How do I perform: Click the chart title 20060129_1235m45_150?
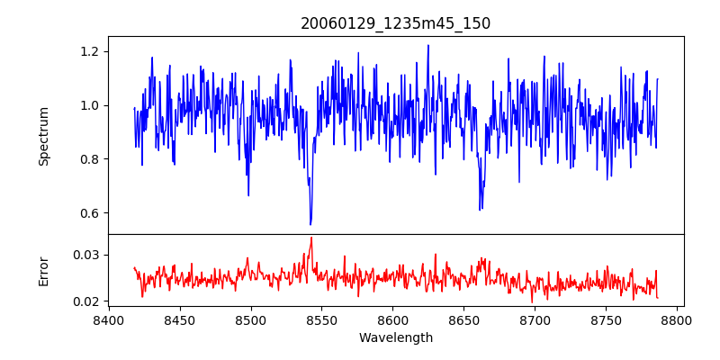tap(395, 23)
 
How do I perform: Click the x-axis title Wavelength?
tap(395, 338)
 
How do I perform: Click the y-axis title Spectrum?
tap(44, 136)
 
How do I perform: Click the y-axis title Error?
tap(44, 271)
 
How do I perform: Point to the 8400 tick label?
tap(109, 319)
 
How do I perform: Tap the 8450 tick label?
tap(180, 319)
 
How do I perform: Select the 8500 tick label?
tap(251, 319)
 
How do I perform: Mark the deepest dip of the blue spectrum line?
tap(310, 224)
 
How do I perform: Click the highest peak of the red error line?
tap(311, 238)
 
